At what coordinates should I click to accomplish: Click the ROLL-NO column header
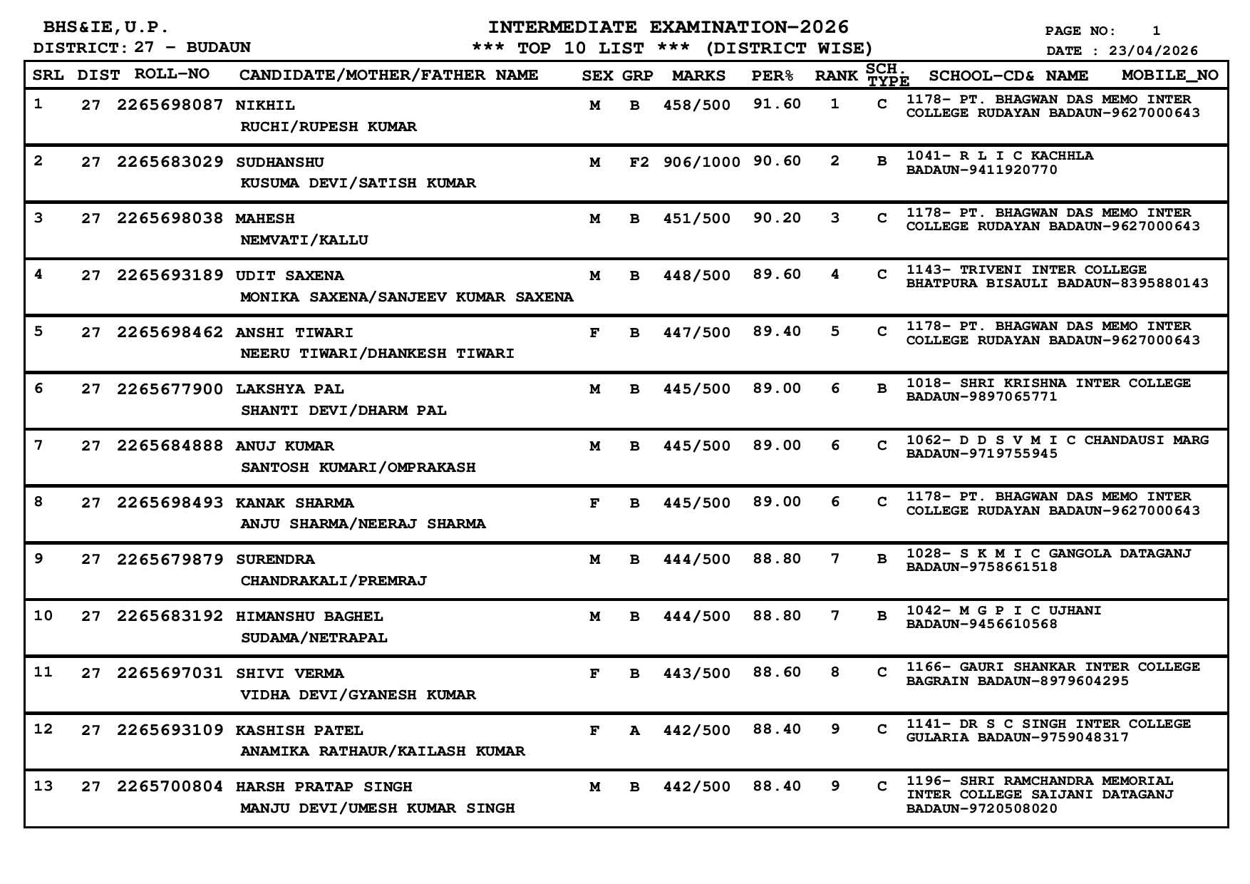[172, 74]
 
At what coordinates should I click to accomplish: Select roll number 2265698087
[170, 105]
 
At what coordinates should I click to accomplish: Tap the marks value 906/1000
[701, 162]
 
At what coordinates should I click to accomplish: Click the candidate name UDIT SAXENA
[289, 275]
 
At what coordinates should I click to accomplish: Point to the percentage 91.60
[777, 104]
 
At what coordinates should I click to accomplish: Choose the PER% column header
[772, 76]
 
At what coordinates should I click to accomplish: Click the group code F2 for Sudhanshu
[639, 162]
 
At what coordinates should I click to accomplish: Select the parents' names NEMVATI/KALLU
[304, 240]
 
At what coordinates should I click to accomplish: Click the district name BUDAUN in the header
[218, 48]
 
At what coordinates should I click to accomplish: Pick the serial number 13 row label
[43, 786]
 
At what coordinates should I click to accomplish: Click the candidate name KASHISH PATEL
[299, 730]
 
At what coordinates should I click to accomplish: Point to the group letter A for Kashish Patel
[634, 730]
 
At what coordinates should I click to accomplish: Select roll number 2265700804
[170, 786]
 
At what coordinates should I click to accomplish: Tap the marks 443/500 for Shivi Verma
[696, 673]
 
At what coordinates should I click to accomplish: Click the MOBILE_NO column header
[1169, 75]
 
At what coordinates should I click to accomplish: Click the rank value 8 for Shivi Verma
[835, 672]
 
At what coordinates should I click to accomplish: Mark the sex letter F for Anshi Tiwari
[594, 332]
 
